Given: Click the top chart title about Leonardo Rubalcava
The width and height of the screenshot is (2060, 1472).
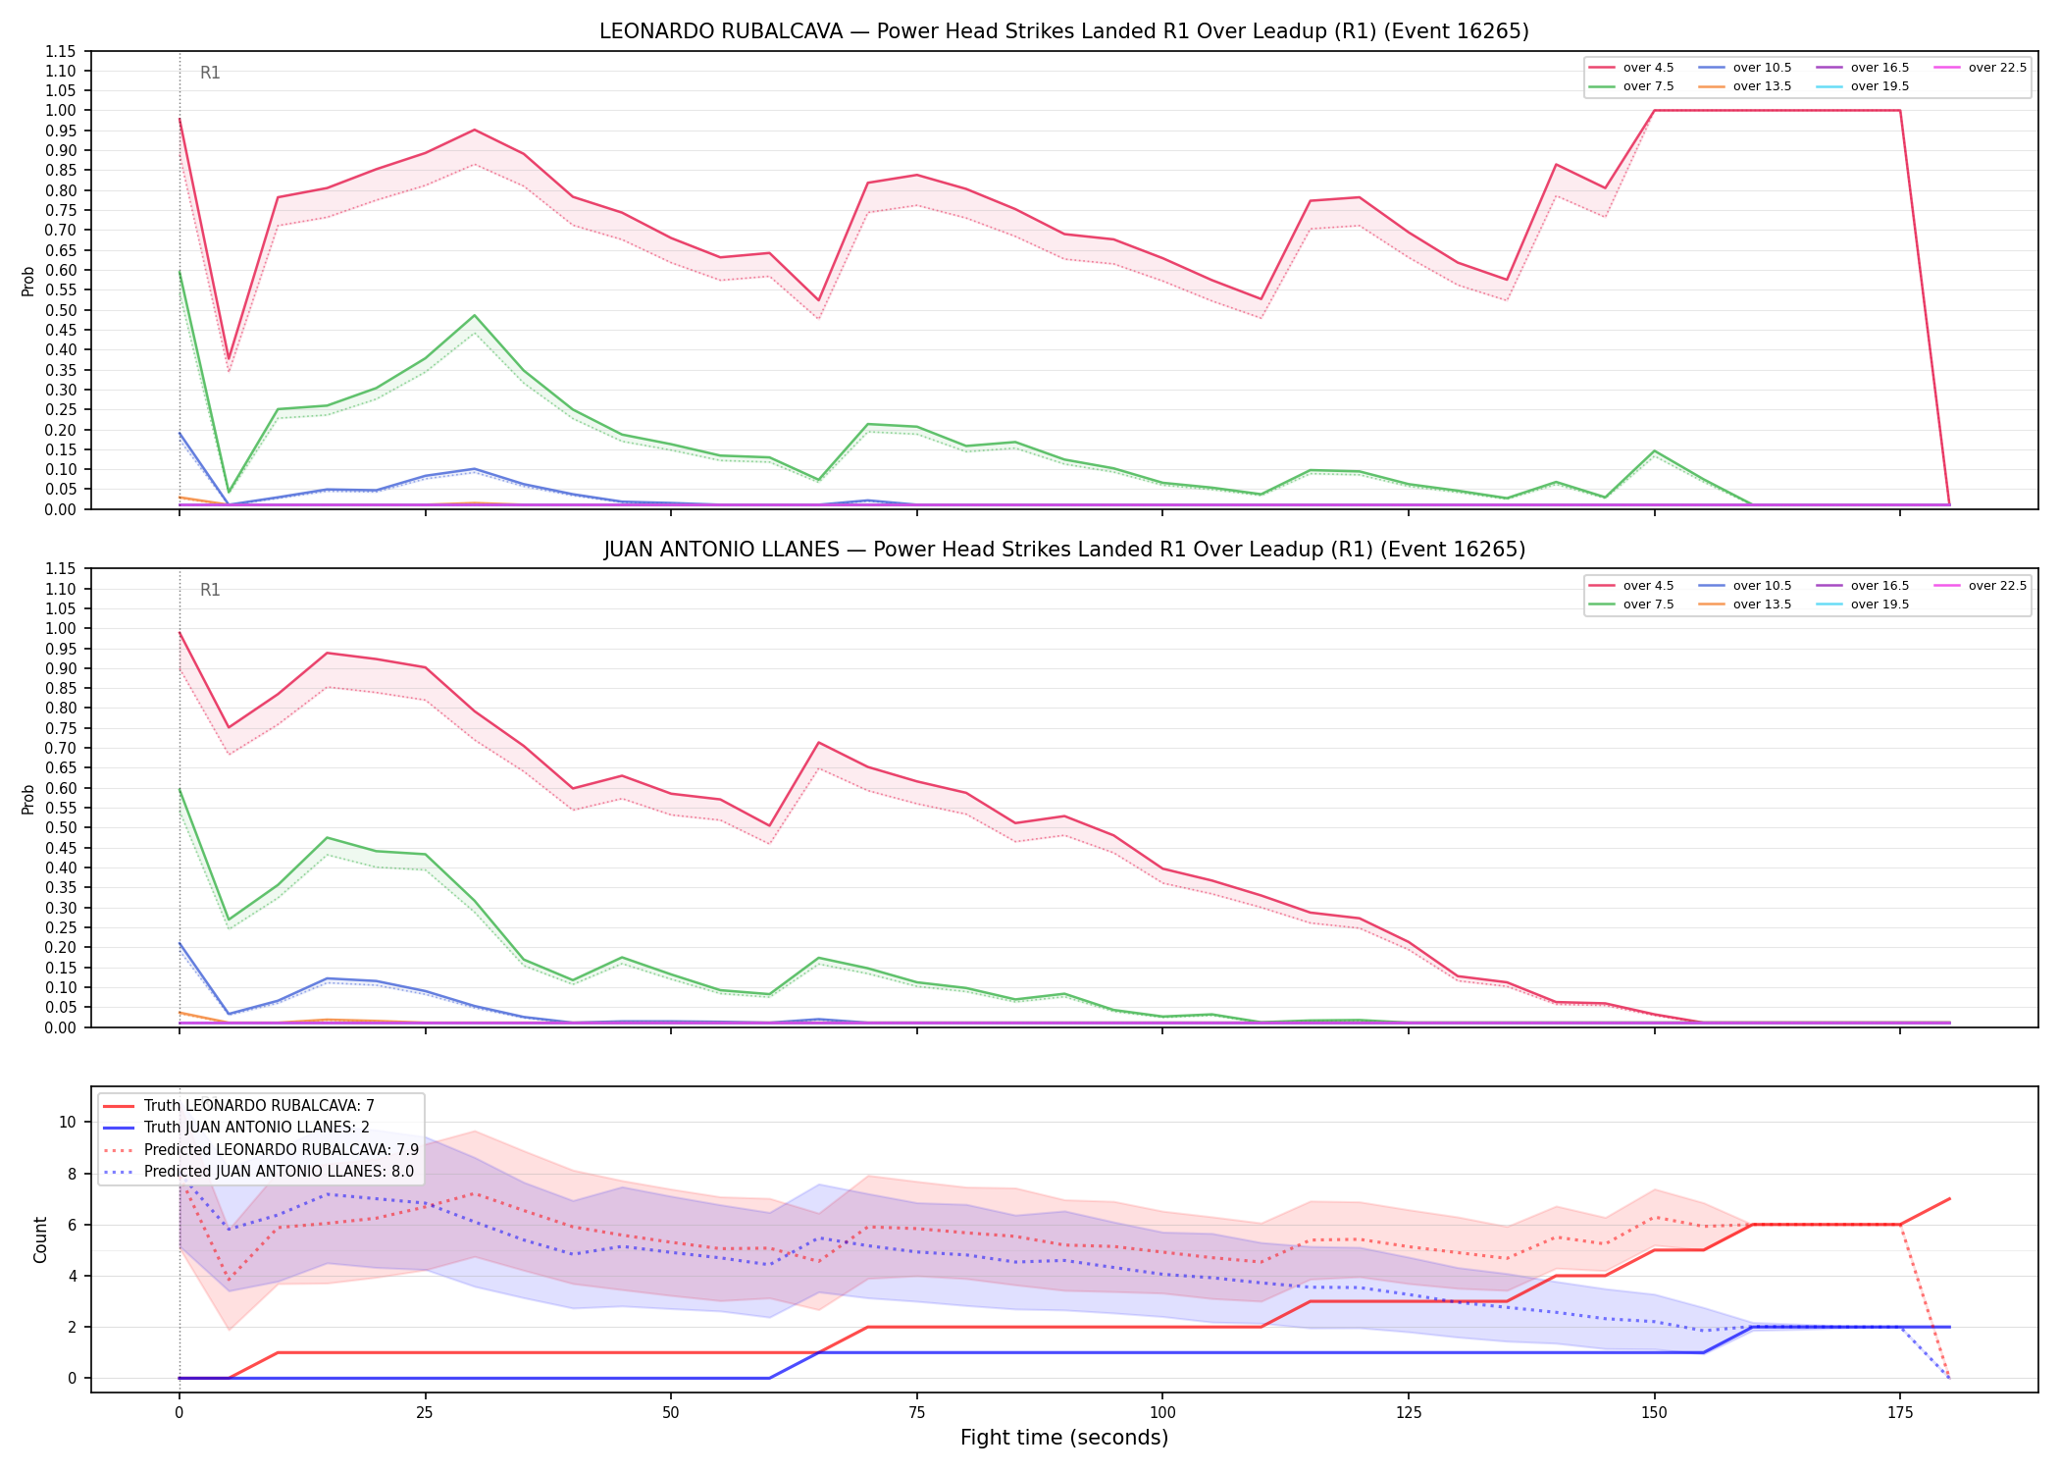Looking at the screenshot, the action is click(1064, 31).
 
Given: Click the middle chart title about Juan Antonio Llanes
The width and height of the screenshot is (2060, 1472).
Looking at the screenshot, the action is click(1064, 550).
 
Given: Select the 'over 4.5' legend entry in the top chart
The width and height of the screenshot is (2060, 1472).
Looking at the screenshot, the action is click(1632, 68).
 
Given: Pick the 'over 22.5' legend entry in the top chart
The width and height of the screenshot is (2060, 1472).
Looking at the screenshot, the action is click(1981, 68).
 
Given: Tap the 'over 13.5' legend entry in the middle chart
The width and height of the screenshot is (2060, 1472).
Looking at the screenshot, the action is click(1745, 605).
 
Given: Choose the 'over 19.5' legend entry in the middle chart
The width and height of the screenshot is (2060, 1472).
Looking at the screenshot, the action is click(1863, 605).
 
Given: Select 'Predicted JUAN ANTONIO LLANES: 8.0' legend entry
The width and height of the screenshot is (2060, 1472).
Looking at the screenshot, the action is click(259, 1171).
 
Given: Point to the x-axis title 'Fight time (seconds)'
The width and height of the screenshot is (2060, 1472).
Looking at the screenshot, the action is click(1064, 1438).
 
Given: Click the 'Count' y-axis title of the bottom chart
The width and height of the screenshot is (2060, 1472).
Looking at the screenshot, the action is click(40, 1239).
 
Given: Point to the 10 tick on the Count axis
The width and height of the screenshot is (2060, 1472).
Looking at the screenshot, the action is click(69, 1122).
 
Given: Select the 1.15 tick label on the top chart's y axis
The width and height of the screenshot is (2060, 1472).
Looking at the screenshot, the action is click(61, 51).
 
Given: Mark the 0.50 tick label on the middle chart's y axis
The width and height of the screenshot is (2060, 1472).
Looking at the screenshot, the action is click(61, 828).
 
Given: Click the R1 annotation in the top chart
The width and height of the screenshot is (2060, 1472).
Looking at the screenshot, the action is click(210, 73).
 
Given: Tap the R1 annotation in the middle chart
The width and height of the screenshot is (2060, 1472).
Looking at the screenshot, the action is click(210, 590).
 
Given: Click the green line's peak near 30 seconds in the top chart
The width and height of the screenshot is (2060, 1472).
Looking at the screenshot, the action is click(474, 315).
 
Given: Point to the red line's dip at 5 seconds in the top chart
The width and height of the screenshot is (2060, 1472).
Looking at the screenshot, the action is click(229, 358).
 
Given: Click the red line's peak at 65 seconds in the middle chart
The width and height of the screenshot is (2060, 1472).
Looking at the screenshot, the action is click(818, 743).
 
